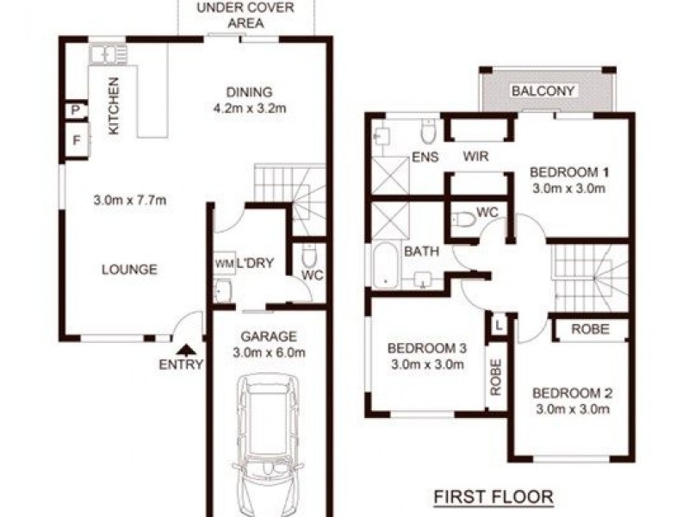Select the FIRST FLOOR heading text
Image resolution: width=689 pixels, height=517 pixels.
492,497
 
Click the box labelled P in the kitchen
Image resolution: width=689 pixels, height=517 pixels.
75,111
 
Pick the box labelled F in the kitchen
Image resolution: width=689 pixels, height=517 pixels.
76,140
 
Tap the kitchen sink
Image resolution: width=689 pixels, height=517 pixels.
109,54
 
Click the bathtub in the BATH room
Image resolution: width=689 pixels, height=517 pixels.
384,265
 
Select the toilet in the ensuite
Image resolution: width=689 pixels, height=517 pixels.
426,132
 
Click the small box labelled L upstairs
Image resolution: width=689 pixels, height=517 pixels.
499,324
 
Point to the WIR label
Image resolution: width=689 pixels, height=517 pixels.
475,157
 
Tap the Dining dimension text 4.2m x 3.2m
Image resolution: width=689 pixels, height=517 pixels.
249,109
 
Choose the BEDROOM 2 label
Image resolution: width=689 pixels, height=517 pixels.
572,394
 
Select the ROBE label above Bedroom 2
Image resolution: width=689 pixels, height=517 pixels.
590,329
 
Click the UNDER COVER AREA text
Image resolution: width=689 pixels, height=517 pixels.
245,16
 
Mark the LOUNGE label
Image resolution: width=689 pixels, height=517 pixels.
129,270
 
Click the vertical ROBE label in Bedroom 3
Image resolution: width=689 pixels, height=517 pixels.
495,376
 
